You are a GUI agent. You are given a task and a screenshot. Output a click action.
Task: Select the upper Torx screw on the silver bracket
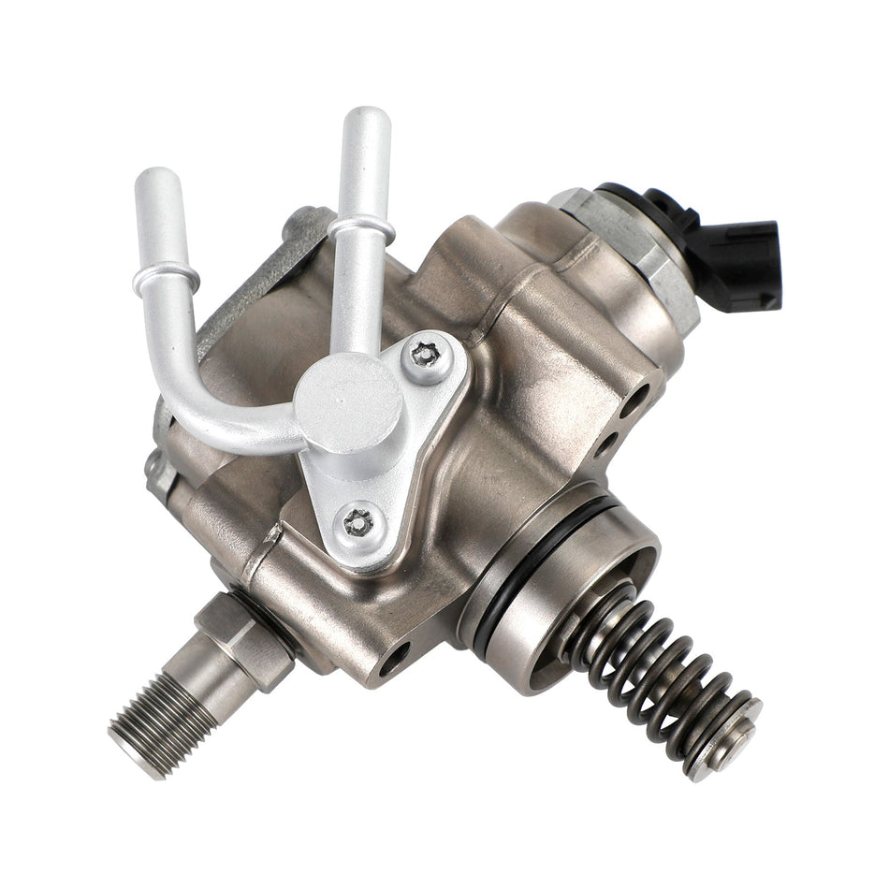[x=427, y=357]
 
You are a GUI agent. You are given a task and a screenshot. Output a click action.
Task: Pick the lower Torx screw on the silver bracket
[x=359, y=522]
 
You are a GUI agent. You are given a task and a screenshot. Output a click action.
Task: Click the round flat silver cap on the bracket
[x=348, y=404]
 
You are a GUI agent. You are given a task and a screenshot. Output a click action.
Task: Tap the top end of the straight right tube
[x=366, y=121]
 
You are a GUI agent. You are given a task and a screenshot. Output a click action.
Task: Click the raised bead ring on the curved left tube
[x=167, y=274]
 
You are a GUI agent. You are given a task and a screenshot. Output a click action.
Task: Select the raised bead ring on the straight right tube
[x=358, y=226]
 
